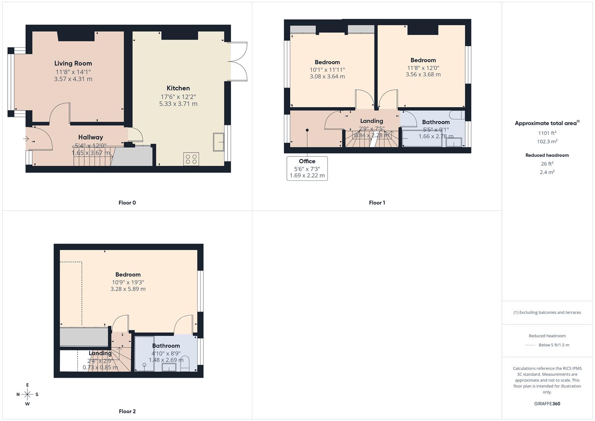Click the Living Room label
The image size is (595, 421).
pos(73,63)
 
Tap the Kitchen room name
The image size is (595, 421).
pos(178,88)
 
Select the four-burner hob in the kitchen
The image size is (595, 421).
pos(191,159)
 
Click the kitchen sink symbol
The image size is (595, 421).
pos(218,142)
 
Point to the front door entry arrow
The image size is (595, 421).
pos(26,139)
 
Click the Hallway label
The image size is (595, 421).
pos(90,137)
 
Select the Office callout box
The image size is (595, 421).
pos(307,168)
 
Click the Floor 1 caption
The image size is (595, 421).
pos(377,203)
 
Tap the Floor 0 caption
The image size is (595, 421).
pos(127,203)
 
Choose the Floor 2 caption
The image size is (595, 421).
pos(127,411)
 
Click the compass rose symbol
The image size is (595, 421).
pos(27,394)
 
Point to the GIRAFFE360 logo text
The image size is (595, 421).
pos(547,403)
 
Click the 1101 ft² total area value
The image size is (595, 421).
pos(547,133)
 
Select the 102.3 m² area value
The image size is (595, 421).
pos(547,142)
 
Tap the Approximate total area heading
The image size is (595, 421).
pos(547,123)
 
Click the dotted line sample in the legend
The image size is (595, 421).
pos(530,345)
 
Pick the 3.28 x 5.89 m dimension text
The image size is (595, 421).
pos(128,289)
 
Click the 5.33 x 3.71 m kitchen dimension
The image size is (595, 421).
pos(178,104)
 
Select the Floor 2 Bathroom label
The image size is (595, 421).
pos(166,346)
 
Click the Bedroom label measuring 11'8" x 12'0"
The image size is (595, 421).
pos(423,60)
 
